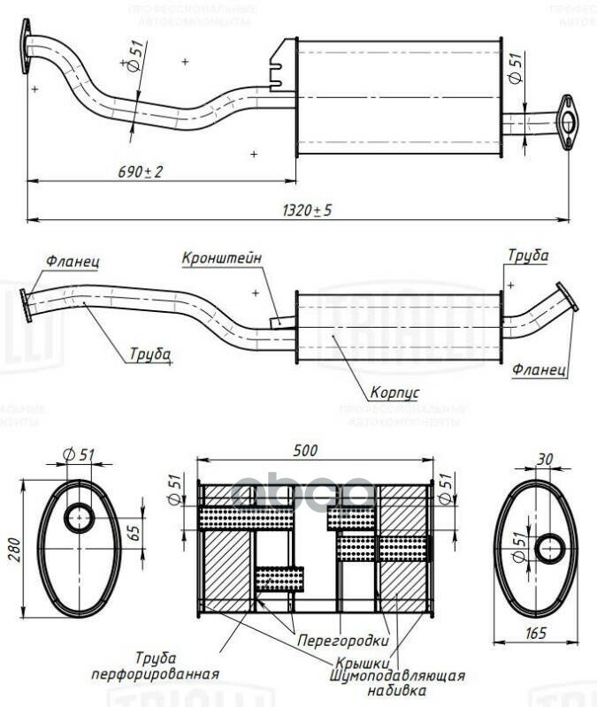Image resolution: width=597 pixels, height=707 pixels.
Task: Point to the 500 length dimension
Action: click(x=304, y=450)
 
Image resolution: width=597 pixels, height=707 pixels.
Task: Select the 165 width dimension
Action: click(x=536, y=633)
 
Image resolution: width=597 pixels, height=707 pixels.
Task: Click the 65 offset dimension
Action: click(x=134, y=533)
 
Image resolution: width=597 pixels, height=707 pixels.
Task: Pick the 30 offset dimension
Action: click(x=544, y=460)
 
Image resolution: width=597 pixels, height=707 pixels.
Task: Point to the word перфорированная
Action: click(x=155, y=673)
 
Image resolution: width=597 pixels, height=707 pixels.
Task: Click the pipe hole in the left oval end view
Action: click(x=80, y=518)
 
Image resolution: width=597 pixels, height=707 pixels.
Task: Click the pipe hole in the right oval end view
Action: click(x=550, y=549)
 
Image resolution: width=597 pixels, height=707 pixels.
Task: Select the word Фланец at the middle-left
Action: click(x=73, y=262)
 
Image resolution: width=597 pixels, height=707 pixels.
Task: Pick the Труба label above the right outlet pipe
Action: click(x=527, y=255)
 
